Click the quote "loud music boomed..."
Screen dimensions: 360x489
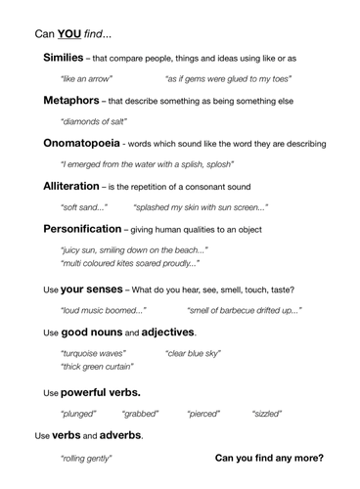[x=103, y=310]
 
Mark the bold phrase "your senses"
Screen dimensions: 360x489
[x=91, y=289]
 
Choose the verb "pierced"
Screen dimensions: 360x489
[x=203, y=414]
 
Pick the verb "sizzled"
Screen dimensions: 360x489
[x=266, y=414]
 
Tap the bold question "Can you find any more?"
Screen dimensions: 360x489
[x=269, y=457]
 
